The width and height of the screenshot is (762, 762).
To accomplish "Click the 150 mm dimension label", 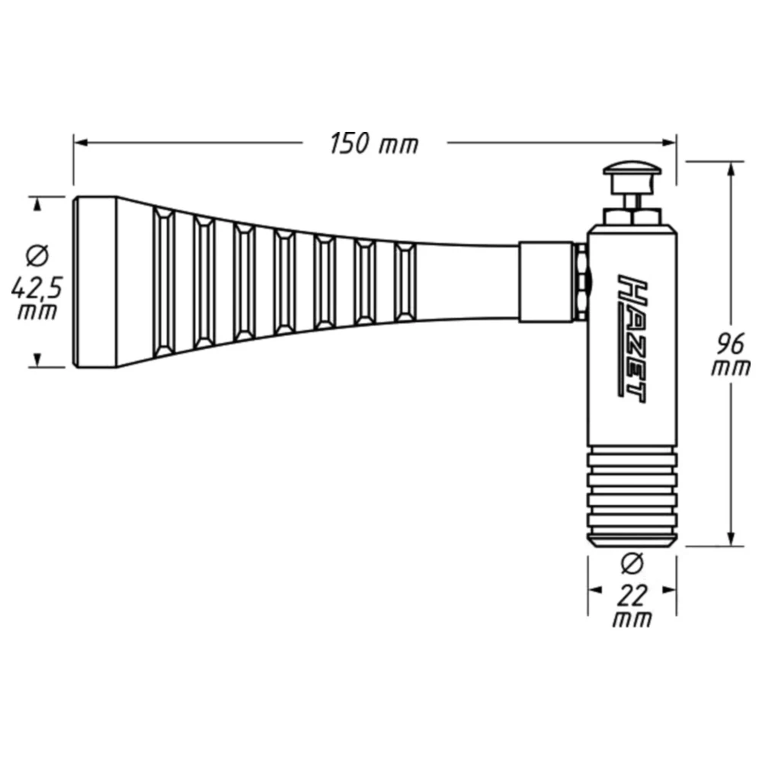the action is [x=373, y=144].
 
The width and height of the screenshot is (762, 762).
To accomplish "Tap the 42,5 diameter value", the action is [x=37, y=290].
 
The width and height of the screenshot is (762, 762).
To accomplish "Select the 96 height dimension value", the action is [x=731, y=344].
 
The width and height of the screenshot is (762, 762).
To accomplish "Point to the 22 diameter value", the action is [x=632, y=597].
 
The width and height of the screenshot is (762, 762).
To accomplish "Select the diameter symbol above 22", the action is [x=632, y=564].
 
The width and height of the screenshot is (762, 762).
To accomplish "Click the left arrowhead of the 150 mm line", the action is [x=80, y=143].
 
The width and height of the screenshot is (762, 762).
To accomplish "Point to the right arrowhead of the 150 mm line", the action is [x=670, y=143].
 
